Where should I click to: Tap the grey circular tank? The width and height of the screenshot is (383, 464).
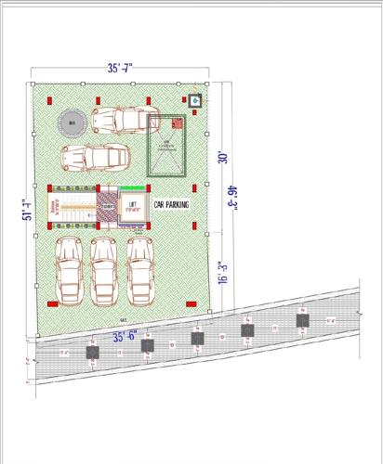pyautogui.click(x=70, y=122)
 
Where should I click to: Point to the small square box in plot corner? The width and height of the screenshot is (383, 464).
pyautogui.click(x=194, y=100)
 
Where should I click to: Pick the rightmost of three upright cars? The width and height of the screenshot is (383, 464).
pyautogui.click(x=139, y=269)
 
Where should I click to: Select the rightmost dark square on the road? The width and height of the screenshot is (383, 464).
pyautogui.click(x=302, y=321)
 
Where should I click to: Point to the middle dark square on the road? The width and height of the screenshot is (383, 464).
pyautogui.click(x=197, y=338)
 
